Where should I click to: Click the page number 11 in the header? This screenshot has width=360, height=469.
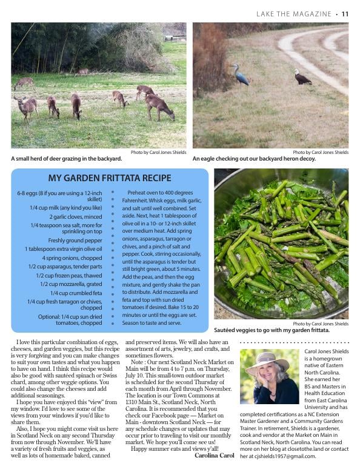pyautogui.click(x=345, y=14)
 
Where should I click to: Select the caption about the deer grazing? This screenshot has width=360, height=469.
pyautogui.click(x=67, y=159)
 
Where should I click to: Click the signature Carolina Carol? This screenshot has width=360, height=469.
pyautogui.click(x=214, y=455)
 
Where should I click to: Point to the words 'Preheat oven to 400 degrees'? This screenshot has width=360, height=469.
pyautogui.click(x=160, y=193)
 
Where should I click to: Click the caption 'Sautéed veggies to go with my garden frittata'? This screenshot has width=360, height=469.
pyautogui.click(x=272, y=330)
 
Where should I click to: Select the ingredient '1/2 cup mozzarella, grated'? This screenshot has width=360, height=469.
pyautogui.click(x=71, y=284)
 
